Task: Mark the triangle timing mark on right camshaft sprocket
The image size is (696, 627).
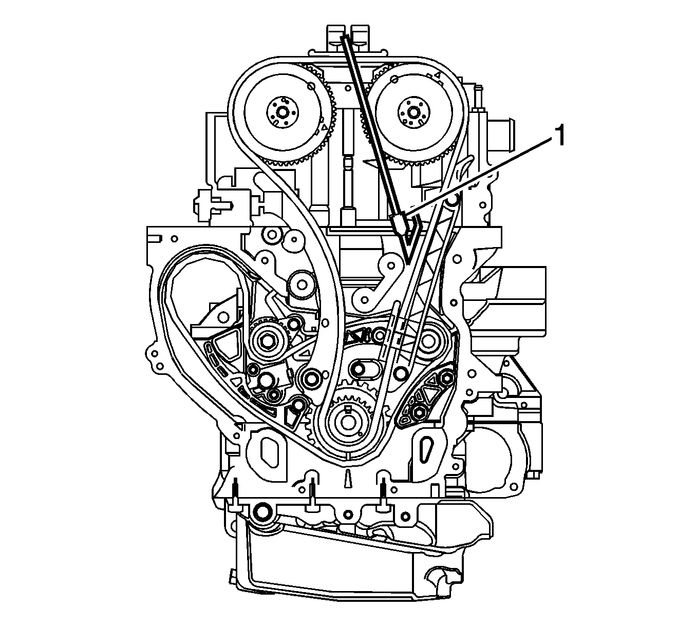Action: pos(438,75)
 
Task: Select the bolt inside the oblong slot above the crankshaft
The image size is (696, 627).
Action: pos(358,368)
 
